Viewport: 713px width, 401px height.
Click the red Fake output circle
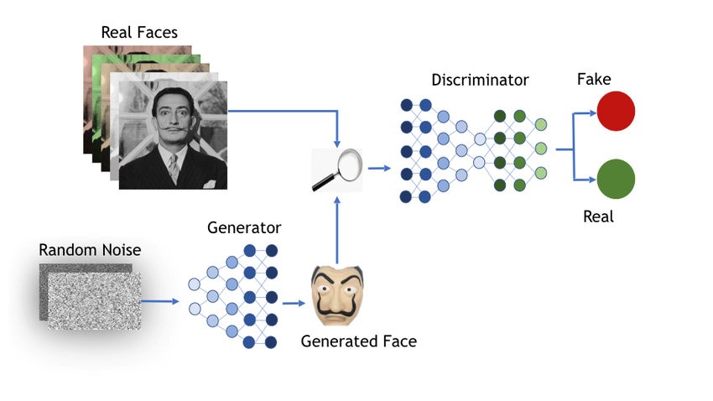(615, 111)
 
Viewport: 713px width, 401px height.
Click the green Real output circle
(616, 179)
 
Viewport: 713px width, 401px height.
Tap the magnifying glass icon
(336, 169)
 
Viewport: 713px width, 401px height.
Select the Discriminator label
(480, 81)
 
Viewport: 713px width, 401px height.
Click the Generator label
(243, 227)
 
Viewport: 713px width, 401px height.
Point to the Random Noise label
(90, 250)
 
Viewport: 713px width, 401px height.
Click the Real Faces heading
(139, 33)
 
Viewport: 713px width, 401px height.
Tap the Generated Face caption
(358, 341)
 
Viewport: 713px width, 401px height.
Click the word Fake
(594, 80)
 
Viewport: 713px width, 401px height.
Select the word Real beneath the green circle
(598, 216)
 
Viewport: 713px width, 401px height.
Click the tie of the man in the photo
(174, 168)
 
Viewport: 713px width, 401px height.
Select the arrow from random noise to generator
(161, 300)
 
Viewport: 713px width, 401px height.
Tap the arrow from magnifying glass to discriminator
(379, 168)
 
